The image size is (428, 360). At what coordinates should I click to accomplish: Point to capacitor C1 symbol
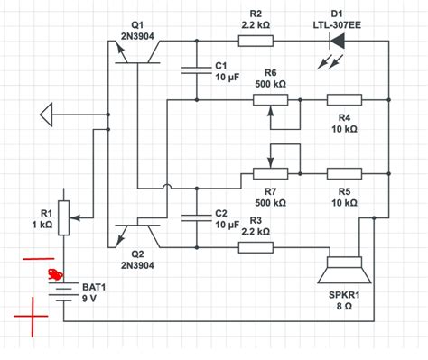point(195,71)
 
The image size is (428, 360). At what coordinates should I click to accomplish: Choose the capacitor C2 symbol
point(195,217)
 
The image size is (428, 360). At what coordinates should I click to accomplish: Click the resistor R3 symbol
point(256,246)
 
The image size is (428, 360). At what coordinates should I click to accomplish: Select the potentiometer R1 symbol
point(64,217)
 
